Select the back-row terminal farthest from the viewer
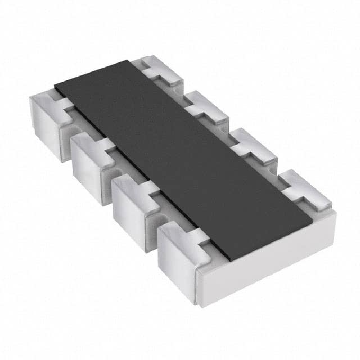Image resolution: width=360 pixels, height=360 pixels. tap(160, 70)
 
